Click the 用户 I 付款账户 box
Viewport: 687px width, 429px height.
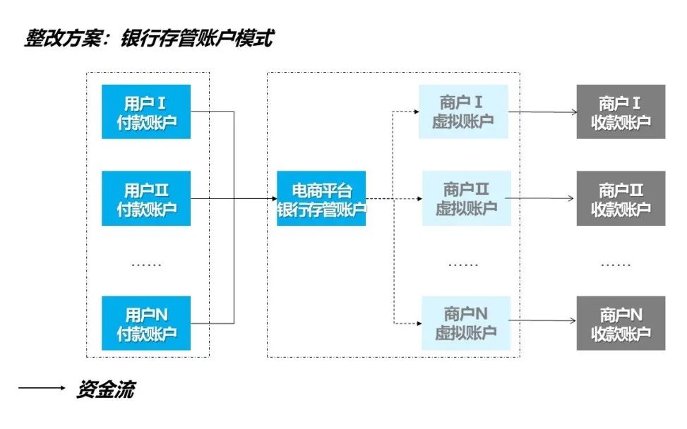point(147,111)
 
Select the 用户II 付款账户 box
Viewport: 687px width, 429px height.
point(147,198)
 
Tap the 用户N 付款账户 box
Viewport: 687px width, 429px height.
point(147,323)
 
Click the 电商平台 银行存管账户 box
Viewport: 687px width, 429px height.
point(321,198)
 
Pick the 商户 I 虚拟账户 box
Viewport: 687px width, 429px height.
point(462,111)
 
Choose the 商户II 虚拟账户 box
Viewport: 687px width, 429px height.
point(466,198)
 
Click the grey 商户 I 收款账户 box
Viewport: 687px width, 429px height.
point(621,111)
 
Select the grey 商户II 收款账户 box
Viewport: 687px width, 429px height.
point(621,198)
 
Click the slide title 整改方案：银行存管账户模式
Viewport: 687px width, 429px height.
point(148,38)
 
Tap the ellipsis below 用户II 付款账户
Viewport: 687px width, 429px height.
point(147,265)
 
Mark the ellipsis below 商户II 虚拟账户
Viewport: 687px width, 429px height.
point(463,265)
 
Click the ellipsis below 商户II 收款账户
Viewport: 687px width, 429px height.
point(616,265)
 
